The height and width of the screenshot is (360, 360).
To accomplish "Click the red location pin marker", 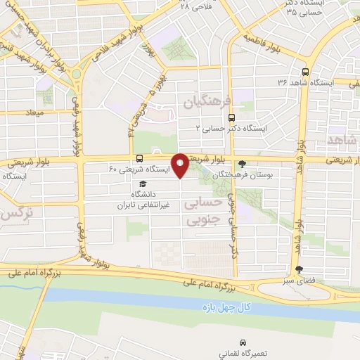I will (x=180, y=166).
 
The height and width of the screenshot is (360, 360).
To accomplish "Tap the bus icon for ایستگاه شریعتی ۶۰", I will (x=139, y=158).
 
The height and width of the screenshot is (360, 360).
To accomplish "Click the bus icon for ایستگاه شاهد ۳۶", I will (x=304, y=72).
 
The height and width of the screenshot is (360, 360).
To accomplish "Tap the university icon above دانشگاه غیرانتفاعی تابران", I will (x=143, y=184).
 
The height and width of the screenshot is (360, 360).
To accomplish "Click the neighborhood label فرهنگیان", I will (x=207, y=102).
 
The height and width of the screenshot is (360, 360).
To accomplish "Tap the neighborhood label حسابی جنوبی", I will (x=202, y=211).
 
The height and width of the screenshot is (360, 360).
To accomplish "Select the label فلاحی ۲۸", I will (x=195, y=6).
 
